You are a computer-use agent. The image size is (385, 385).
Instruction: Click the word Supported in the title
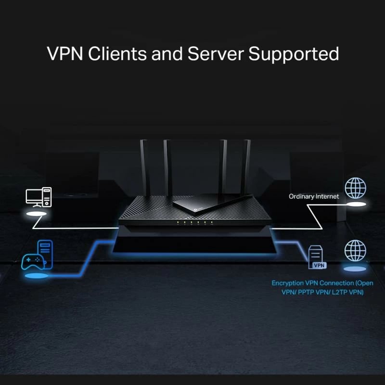pyautogui.click(x=294, y=53)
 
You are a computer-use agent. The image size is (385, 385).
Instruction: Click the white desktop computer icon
pyautogui.click(x=38, y=197)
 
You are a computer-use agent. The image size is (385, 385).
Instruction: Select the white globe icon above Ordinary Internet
pyautogui.click(x=356, y=188)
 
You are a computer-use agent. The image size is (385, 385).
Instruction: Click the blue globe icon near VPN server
pyautogui.click(x=355, y=251)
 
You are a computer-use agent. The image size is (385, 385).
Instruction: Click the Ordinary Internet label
pyautogui.click(x=313, y=196)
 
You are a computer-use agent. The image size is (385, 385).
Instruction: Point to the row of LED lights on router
pyautogui.click(x=192, y=223)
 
